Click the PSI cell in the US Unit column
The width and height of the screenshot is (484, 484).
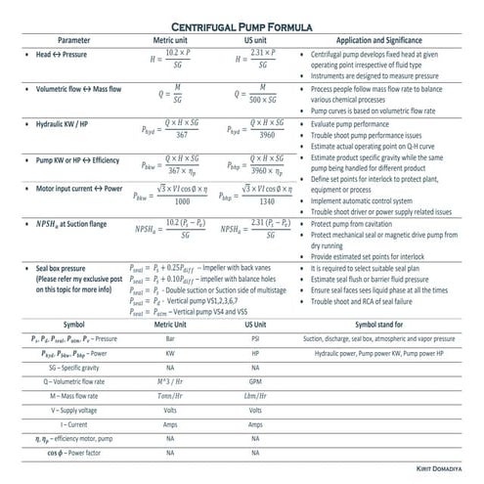(257, 338)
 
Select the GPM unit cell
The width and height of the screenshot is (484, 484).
(257, 381)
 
